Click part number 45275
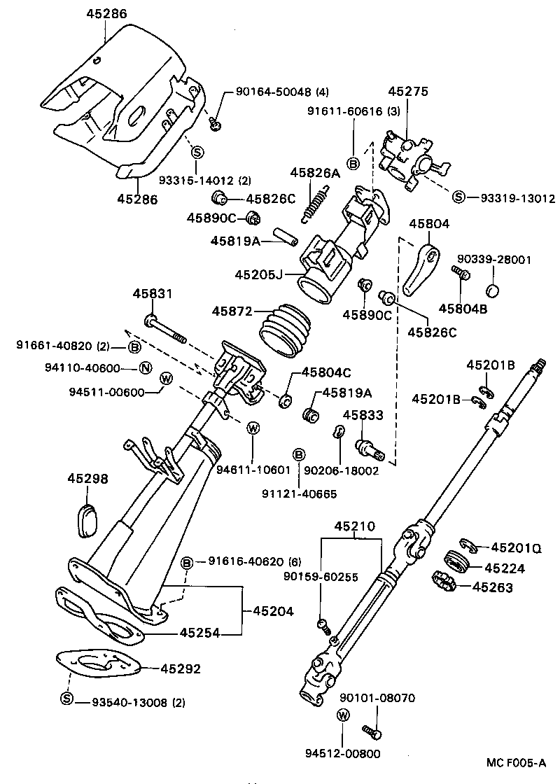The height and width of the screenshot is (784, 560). click(408, 91)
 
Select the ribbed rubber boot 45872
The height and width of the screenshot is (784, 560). click(284, 328)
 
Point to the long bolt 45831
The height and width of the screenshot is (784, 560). click(165, 329)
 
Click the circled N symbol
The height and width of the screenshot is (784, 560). click(145, 368)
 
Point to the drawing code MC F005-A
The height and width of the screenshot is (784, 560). click(516, 762)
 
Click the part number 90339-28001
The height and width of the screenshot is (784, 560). click(493, 260)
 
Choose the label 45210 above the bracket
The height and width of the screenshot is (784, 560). click(354, 526)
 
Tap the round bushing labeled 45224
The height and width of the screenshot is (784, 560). click(456, 562)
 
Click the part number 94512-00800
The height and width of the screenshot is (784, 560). click(342, 753)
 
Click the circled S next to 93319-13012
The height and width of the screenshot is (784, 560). click(458, 197)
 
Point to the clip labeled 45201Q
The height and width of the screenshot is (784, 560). click(468, 545)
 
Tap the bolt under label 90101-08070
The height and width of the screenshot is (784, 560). click(370, 731)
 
